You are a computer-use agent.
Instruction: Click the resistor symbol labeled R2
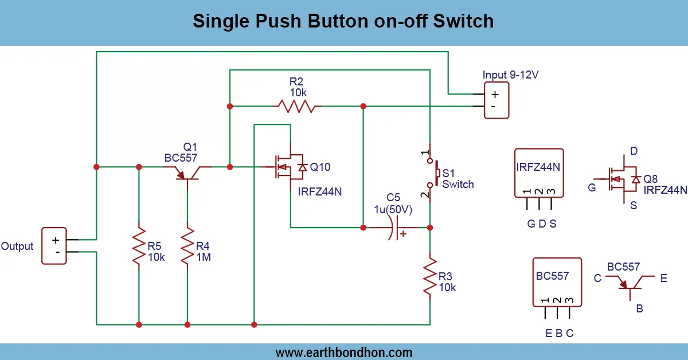(x=296, y=106)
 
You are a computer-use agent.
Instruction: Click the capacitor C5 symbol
(x=392, y=228)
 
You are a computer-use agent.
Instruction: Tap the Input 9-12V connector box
(x=496, y=100)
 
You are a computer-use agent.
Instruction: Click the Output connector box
(x=54, y=246)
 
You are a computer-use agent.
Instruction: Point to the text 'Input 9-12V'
(x=511, y=75)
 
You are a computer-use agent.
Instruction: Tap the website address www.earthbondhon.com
(x=344, y=352)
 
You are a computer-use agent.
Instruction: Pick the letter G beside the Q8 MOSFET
(x=592, y=187)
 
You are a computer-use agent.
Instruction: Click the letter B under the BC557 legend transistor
(x=639, y=308)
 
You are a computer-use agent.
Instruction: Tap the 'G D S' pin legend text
(x=542, y=224)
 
